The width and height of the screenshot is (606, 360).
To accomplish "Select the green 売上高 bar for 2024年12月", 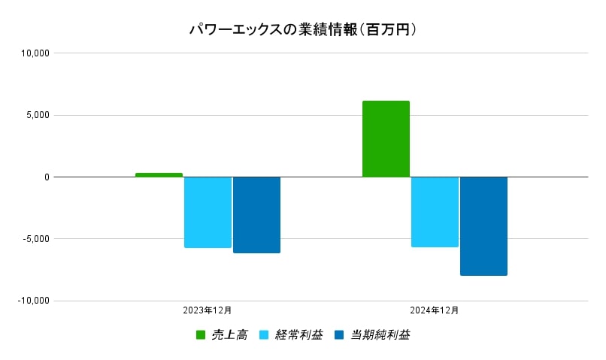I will (x=386, y=139).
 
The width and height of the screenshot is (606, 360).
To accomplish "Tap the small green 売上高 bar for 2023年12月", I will (x=159, y=175).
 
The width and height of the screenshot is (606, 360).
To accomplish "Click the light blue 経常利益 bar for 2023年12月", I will (x=208, y=212).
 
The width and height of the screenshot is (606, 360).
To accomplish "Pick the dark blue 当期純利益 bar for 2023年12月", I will (x=256, y=215).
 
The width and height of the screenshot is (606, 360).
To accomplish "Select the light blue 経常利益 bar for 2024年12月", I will (x=435, y=212).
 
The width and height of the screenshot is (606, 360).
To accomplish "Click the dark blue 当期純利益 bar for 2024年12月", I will (x=483, y=226).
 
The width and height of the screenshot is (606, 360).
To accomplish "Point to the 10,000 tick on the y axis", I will (x=35, y=53).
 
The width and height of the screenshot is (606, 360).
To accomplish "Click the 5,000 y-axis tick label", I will (x=38, y=115).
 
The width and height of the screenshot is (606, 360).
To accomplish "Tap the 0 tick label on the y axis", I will (x=46, y=177).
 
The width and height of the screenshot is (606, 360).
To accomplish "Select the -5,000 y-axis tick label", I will (x=36, y=239).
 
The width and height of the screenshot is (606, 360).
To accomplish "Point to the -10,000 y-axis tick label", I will (x=34, y=301).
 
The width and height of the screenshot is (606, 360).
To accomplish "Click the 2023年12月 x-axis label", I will (x=208, y=310).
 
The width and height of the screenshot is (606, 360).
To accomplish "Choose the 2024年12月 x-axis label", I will (x=435, y=310).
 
